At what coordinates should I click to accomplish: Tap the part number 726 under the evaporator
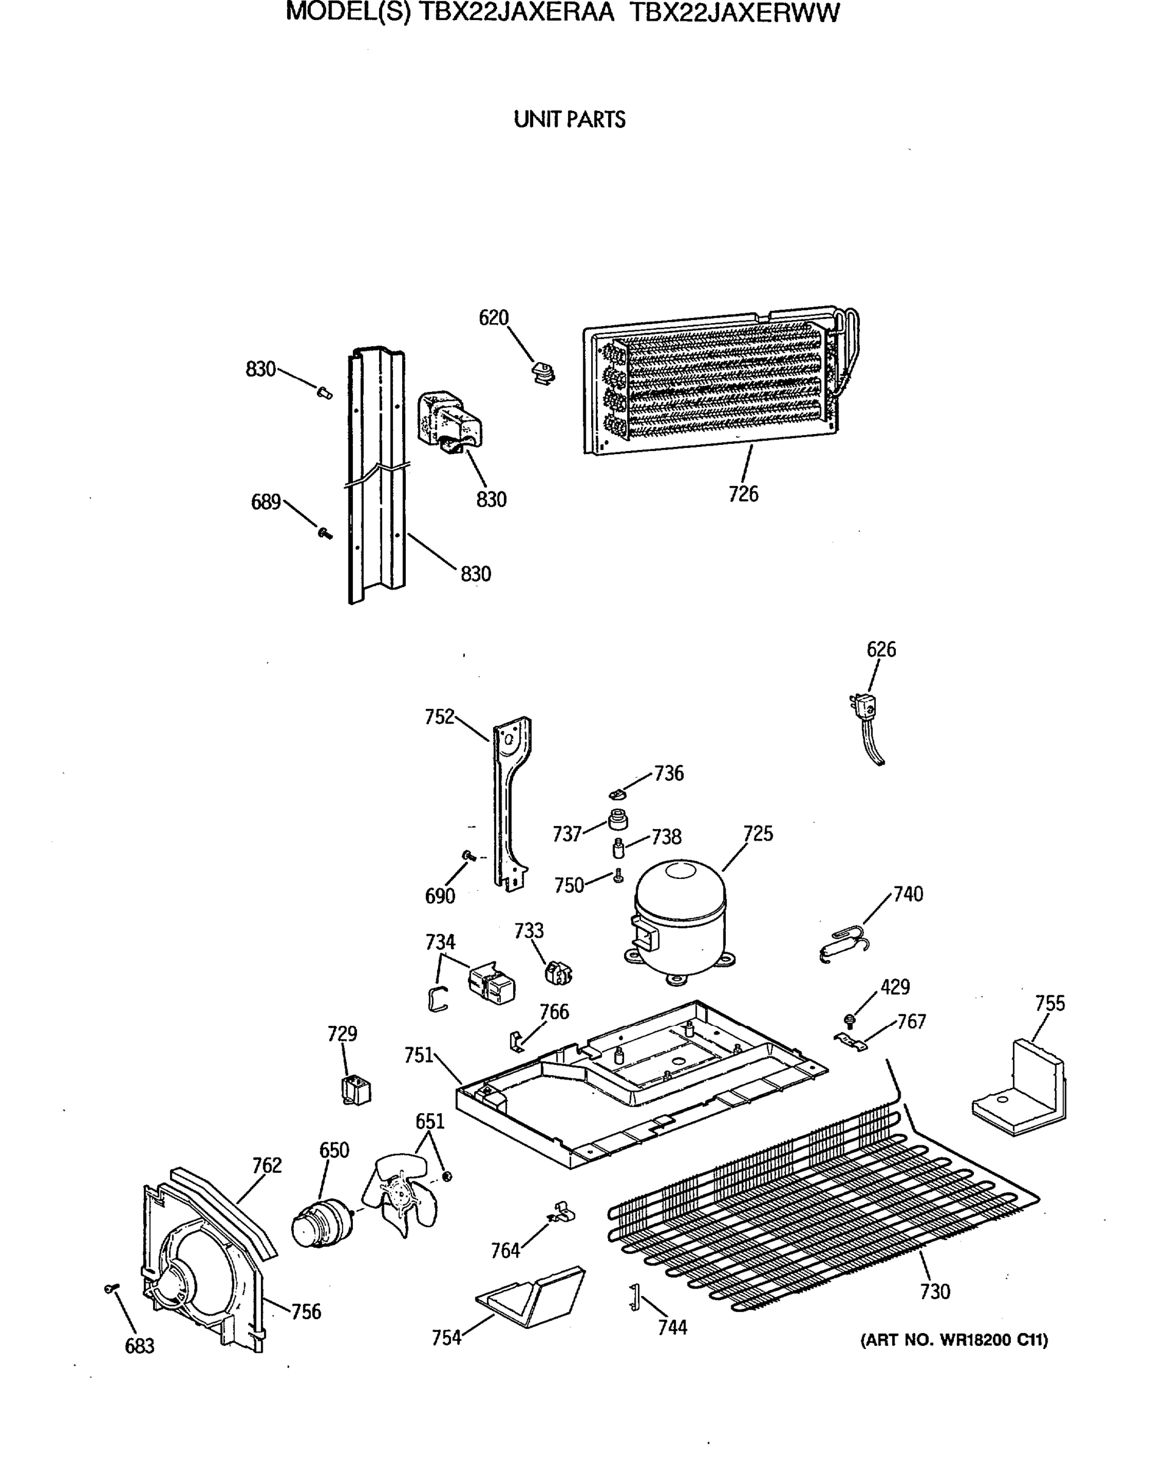[x=743, y=494]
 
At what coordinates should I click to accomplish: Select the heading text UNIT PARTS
[x=569, y=119]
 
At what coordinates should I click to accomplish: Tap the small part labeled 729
[x=356, y=1091]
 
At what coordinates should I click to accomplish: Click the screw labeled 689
[x=325, y=533]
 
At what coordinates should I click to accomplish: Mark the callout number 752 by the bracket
[x=439, y=717]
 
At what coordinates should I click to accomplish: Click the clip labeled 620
[x=543, y=372]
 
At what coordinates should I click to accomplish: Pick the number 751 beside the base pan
[x=418, y=1055]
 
